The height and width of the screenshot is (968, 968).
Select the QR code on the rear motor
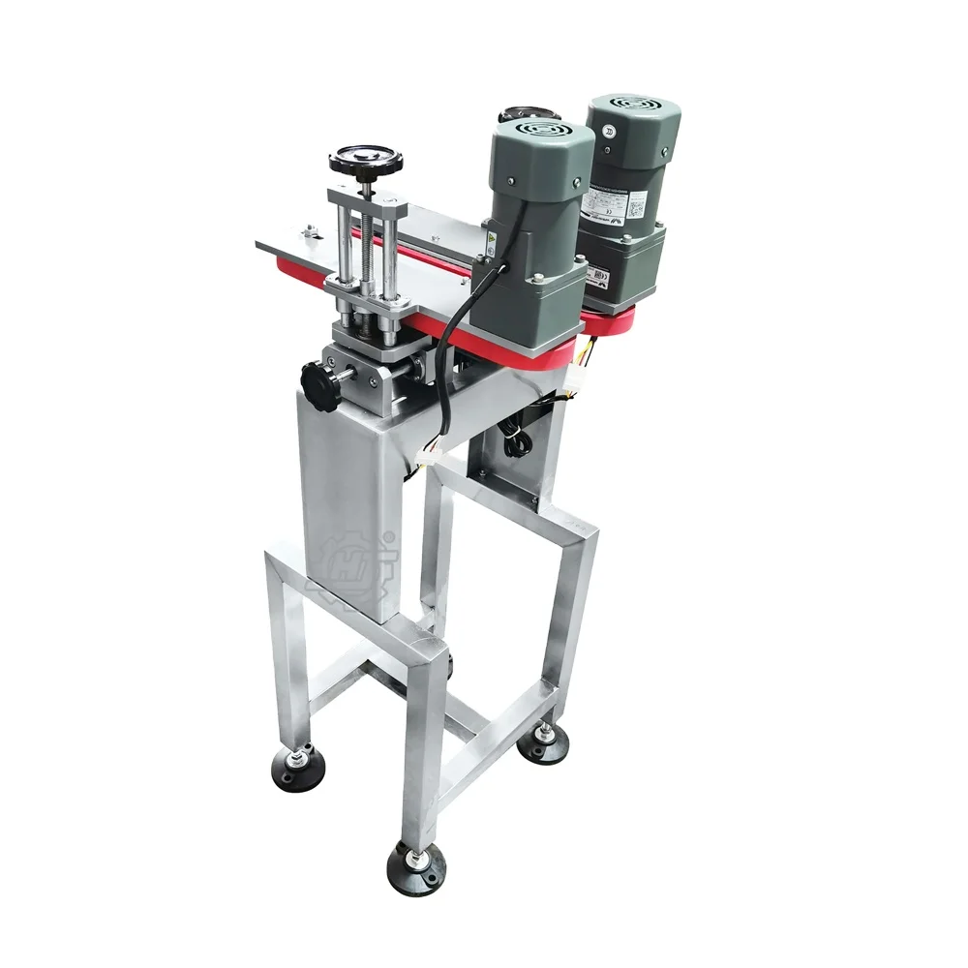pos(638,205)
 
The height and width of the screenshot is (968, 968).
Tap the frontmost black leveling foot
pos(415,864)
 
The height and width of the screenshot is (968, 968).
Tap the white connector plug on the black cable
pos(429,454)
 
